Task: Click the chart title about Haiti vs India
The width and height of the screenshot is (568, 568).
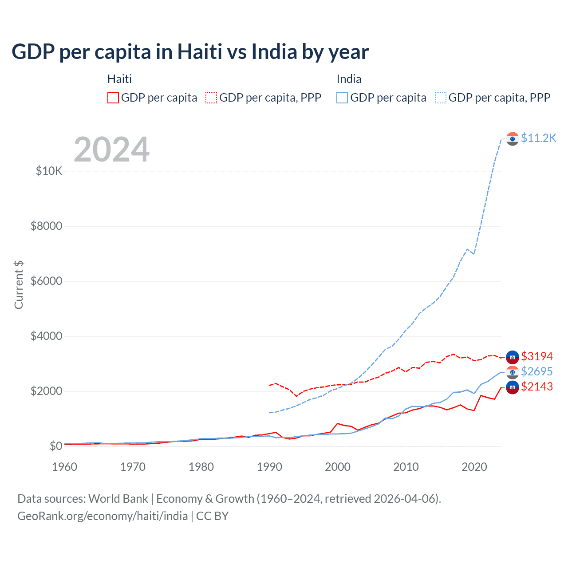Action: point(190,52)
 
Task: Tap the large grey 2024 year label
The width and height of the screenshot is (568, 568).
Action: point(111,150)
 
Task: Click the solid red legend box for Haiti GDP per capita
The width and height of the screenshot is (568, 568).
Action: point(113,98)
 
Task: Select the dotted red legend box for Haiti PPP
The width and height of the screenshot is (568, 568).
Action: point(211,98)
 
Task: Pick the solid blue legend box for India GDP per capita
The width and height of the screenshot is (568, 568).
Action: point(342,98)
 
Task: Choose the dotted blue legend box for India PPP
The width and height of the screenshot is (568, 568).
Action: point(441,98)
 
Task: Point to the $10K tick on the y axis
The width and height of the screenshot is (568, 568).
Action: point(49,171)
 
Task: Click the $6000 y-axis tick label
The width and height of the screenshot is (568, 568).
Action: point(47,281)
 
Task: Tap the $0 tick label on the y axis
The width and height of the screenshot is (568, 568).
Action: point(55,446)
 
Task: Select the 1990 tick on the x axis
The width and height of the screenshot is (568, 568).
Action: point(269,467)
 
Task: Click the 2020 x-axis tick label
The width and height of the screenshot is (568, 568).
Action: point(474,467)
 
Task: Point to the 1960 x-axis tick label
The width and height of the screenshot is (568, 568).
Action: point(65,467)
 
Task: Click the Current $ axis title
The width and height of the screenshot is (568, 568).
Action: point(19,285)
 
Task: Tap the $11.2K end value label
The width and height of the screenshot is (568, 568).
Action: point(538,138)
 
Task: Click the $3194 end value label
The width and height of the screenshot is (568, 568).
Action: point(537,356)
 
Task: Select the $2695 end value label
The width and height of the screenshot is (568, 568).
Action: point(537,371)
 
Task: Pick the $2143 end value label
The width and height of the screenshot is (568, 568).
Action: point(537,387)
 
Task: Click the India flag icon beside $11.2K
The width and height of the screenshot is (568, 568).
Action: point(513,139)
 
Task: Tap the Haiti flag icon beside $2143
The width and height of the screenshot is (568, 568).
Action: point(513,387)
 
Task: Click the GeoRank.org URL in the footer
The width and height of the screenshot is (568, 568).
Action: point(103,516)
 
